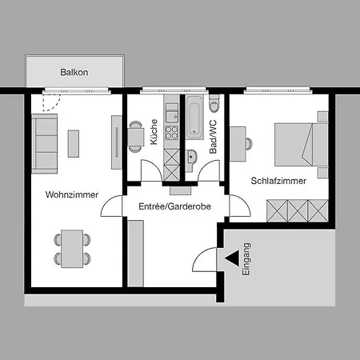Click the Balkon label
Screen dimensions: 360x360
pyautogui.click(x=74, y=72)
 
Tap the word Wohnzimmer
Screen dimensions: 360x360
pyautogui.click(x=72, y=194)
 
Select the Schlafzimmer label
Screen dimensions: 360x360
pyautogui.click(x=278, y=181)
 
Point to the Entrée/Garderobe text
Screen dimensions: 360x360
pyautogui.click(x=174, y=206)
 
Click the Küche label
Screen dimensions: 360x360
pyautogui.click(x=154, y=132)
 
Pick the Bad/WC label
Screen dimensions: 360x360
pyautogui.click(x=213, y=137)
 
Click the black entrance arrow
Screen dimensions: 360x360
pyautogui.click(x=232, y=258)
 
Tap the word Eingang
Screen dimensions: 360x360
pyautogui.click(x=246, y=259)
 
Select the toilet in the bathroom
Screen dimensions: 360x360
pyautogui.click(x=214, y=104)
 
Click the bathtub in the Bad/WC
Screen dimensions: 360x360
pyautogui.click(x=194, y=118)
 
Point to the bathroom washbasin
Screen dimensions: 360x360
pyautogui.click(x=191, y=157)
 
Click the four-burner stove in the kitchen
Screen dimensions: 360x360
pyautogui.click(x=172, y=133)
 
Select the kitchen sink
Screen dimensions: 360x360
pyautogui.click(x=172, y=117)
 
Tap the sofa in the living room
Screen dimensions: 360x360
pyautogui.click(x=45, y=144)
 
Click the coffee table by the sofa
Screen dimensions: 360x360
pyautogui.click(x=74, y=144)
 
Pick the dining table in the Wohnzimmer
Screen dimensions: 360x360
pyautogui.click(x=72, y=249)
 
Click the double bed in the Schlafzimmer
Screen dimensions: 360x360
pyautogui.click(x=302, y=145)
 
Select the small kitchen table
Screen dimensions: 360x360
pyautogui.click(x=136, y=137)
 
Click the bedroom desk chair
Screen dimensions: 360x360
pyautogui.click(x=249, y=144)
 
